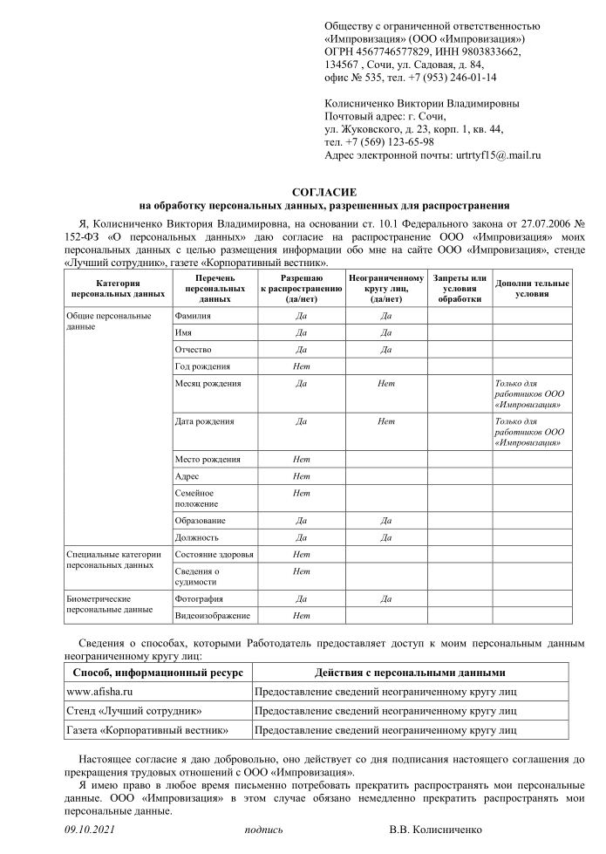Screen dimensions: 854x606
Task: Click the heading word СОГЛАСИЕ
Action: [x=323, y=192]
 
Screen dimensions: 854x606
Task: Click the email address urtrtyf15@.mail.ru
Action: [x=499, y=155]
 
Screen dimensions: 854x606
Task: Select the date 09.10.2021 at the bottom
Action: [x=91, y=830]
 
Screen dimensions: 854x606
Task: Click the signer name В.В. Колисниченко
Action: [x=435, y=830]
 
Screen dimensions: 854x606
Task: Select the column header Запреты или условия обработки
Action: [x=459, y=288]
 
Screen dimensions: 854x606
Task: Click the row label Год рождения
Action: [x=203, y=366]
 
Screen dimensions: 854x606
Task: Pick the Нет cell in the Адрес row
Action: [x=302, y=476]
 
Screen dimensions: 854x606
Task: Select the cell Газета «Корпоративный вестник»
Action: [x=147, y=730]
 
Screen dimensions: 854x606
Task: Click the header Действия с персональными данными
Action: [x=410, y=673]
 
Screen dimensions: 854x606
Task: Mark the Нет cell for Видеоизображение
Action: [x=302, y=616]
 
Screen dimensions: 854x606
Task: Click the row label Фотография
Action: [x=199, y=599]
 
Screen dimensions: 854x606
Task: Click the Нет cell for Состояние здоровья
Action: [x=302, y=555]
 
